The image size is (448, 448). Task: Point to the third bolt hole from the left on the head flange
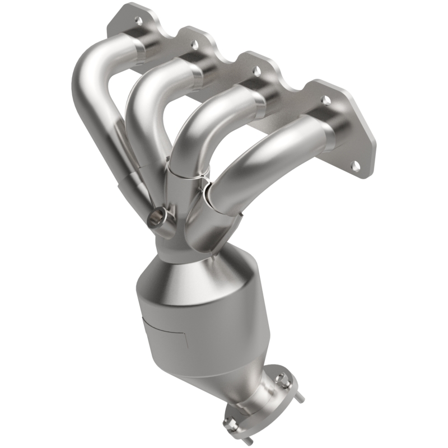[x=256, y=71]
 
